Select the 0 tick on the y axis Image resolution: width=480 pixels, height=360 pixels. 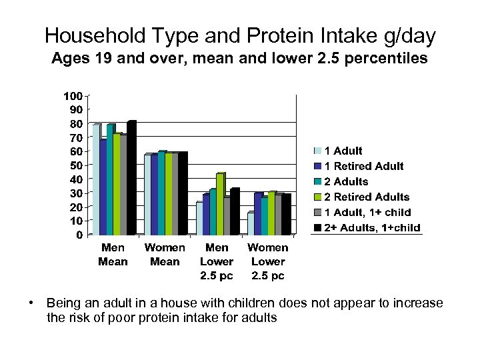coord(79,235)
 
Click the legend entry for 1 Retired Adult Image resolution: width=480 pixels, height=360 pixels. coord(363,166)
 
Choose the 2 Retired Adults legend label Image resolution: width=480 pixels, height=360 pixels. coord(367,197)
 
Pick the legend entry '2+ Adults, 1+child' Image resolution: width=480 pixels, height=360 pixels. coord(372,227)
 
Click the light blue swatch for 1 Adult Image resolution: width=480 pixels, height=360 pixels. coord(318,151)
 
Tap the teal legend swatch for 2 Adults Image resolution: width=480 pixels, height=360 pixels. coord(318,181)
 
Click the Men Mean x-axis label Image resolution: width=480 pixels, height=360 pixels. coord(113,255)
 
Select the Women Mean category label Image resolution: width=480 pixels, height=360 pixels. coord(165,255)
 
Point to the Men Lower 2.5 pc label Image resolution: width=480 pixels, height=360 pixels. coord(217,261)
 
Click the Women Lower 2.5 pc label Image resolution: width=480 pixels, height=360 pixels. coord(268,261)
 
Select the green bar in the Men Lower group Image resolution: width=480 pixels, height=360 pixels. coord(220,204)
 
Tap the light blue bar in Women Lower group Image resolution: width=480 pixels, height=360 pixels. coord(251,224)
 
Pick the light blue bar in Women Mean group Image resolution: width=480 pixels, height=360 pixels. coord(147,195)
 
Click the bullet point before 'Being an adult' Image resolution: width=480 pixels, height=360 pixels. coord(31,303)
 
